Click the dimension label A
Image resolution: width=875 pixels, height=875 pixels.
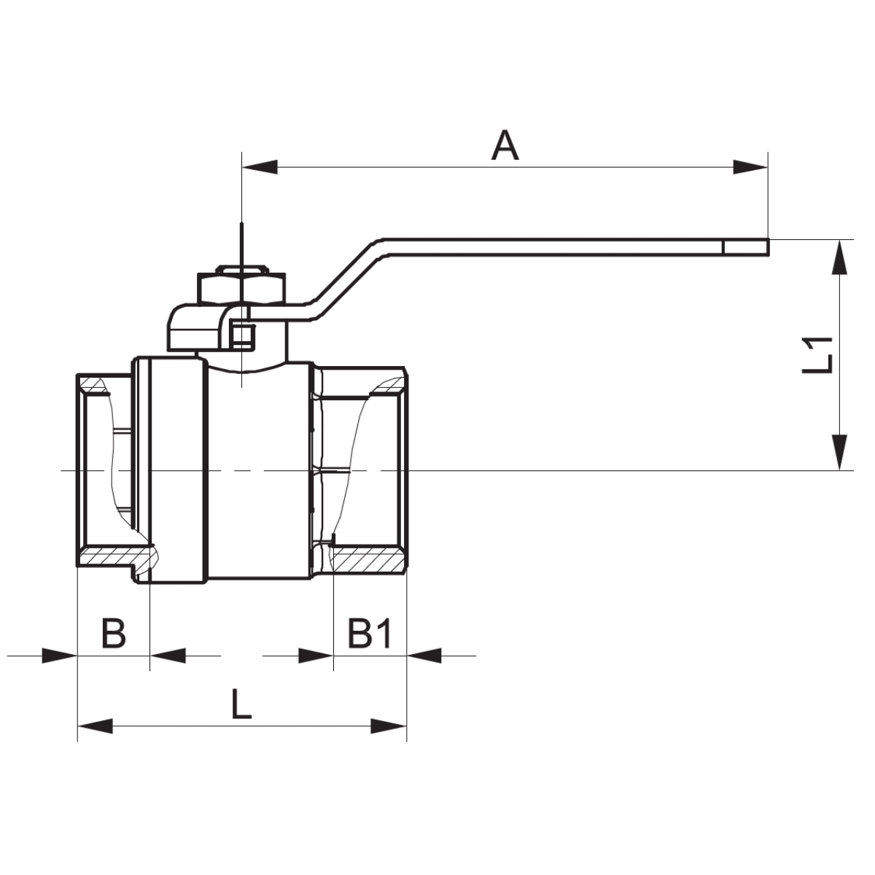(505, 145)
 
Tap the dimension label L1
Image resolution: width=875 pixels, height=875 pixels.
(818, 354)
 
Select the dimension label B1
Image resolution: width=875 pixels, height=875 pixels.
(370, 633)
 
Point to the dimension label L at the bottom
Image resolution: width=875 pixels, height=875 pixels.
(241, 704)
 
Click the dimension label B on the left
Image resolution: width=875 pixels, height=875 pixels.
(113, 633)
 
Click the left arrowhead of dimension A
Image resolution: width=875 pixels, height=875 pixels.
(260, 167)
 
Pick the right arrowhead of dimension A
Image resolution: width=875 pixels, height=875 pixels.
(750, 167)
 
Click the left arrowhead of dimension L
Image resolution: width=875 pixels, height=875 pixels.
(96, 726)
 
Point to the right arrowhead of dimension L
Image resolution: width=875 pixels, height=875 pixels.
(388, 726)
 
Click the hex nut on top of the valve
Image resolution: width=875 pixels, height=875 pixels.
(240, 287)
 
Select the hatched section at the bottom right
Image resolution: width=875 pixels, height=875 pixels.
(368, 560)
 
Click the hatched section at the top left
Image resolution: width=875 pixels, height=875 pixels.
(96, 384)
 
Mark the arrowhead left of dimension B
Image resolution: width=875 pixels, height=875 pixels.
(59, 656)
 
